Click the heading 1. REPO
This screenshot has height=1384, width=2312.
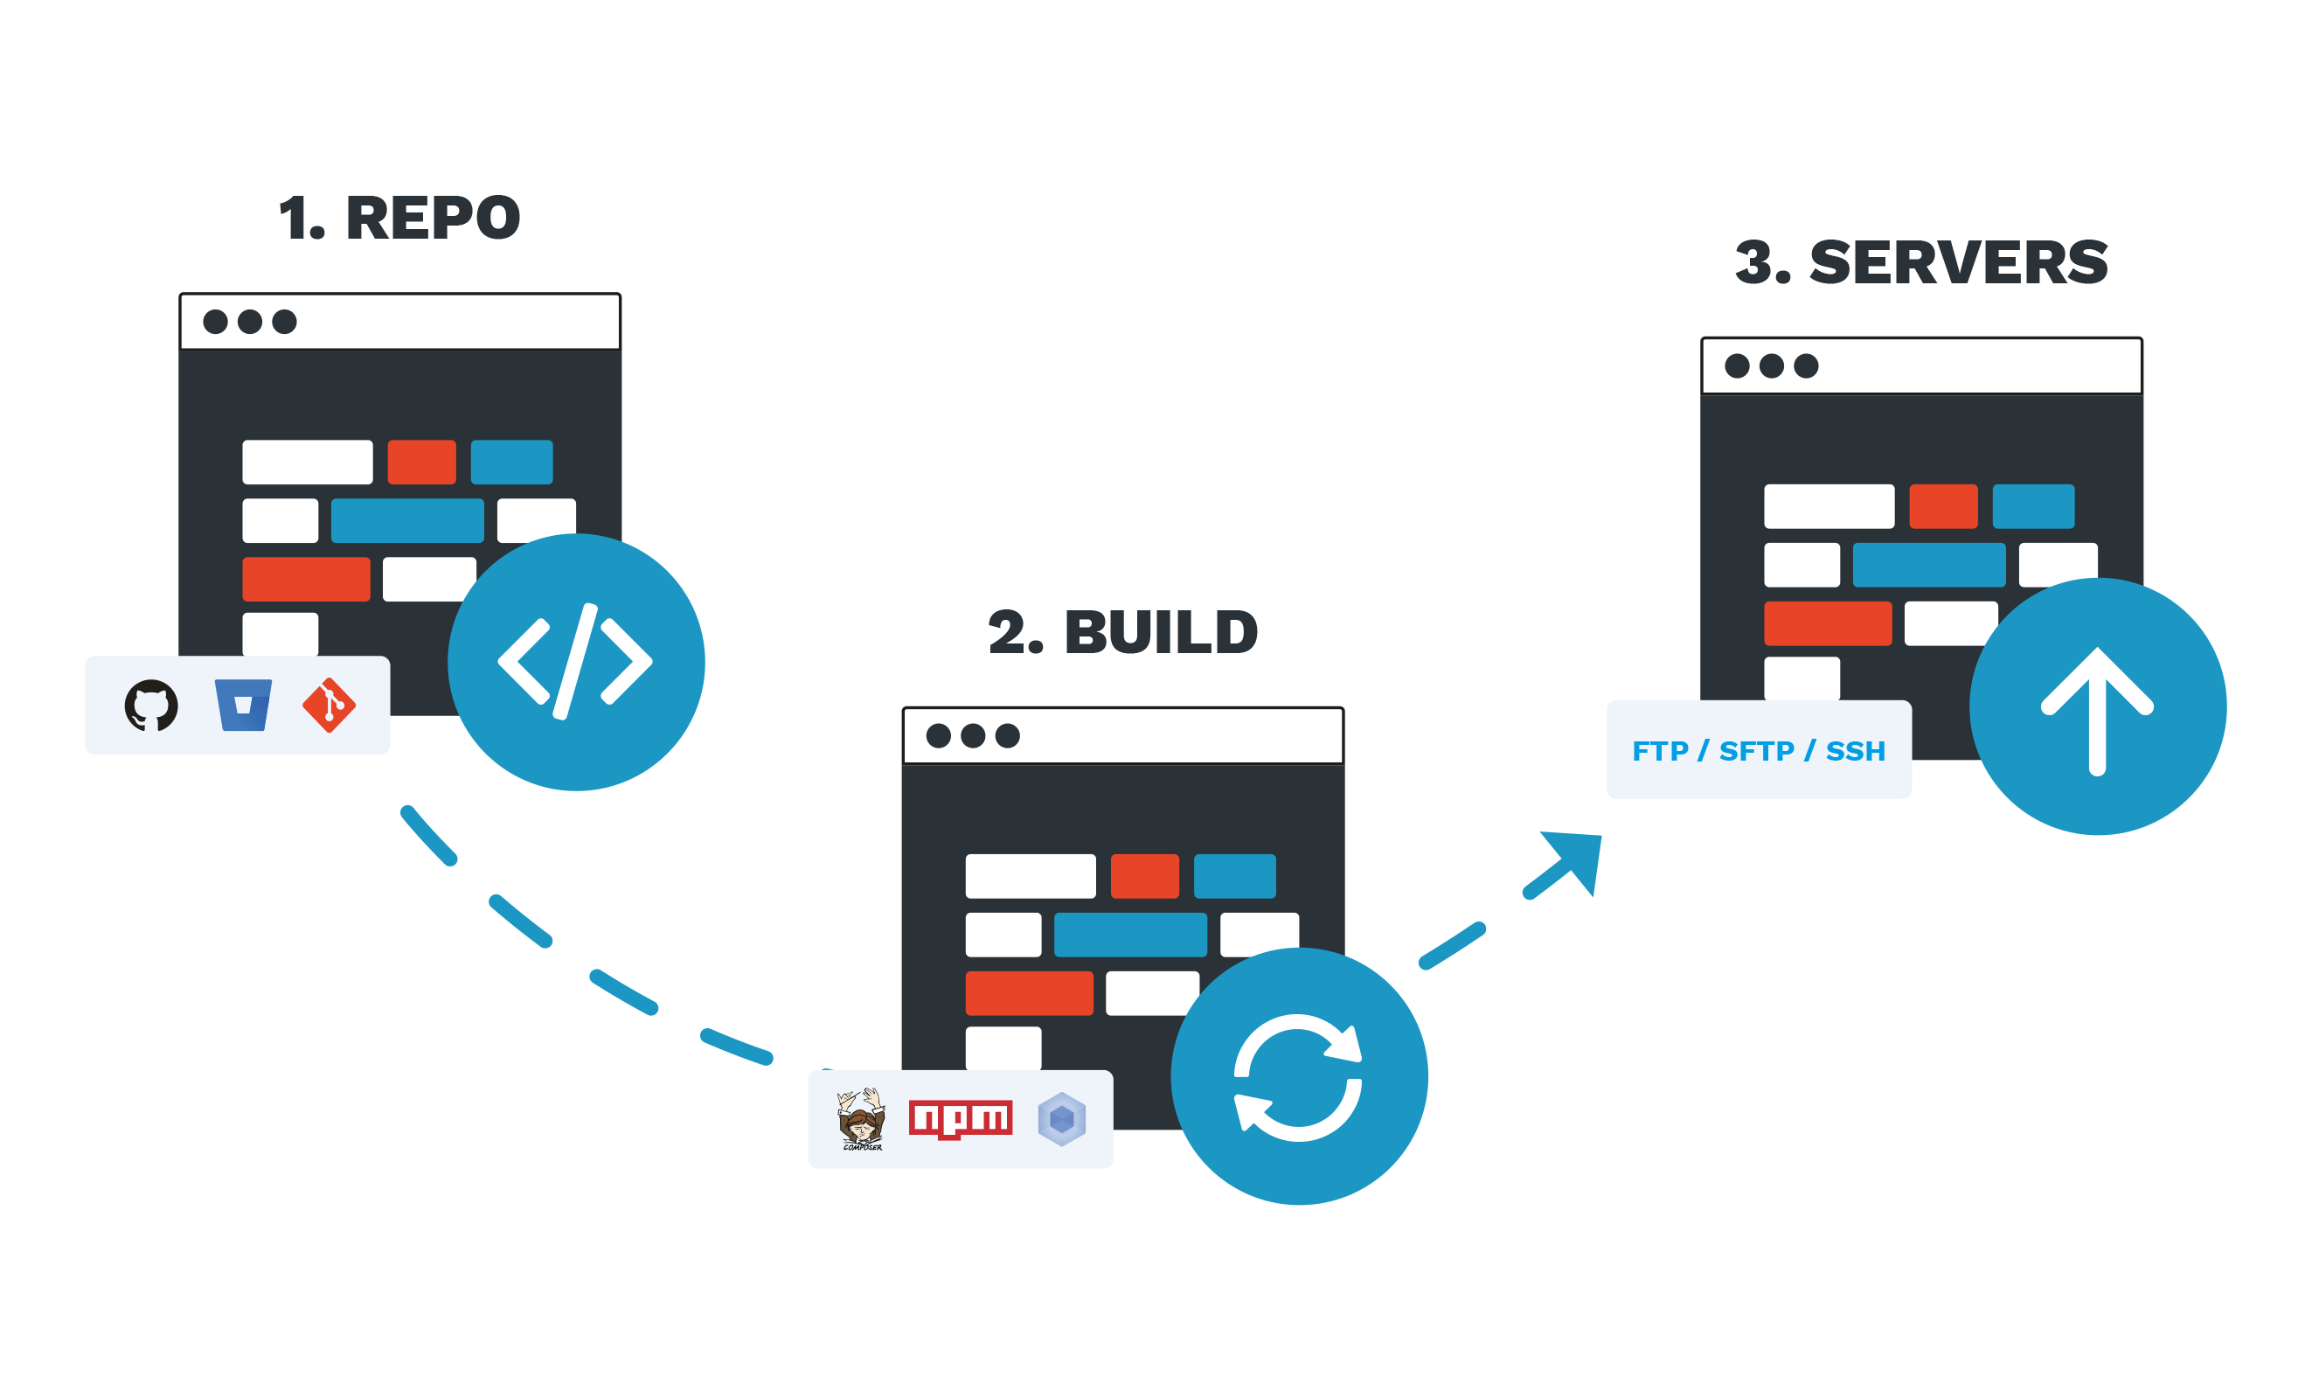(399, 219)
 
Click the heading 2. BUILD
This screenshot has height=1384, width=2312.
(1122, 632)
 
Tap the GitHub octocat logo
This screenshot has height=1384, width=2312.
(151, 705)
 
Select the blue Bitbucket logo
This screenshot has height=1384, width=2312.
(242, 705)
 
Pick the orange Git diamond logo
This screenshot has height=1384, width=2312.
(329, 705)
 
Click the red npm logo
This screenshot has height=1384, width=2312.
(961, 1119)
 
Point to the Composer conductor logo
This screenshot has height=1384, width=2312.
(860, 1119)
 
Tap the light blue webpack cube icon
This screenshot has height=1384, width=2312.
(1061, 1119)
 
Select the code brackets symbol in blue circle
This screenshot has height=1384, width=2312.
(575, 662)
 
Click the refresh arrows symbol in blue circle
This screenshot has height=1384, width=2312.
(1298, 1078)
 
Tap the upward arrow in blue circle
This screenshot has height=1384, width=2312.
(2098, 709)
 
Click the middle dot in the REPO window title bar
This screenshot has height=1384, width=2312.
(250, 322)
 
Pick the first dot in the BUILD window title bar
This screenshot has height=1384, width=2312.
(938, 736)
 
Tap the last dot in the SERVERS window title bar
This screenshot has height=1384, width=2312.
(1806, 365)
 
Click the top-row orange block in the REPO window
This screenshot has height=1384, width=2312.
(421, 462)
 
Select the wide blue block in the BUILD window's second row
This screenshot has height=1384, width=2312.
(1130, 935)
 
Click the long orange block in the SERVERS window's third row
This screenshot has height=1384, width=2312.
(1827, 623)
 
